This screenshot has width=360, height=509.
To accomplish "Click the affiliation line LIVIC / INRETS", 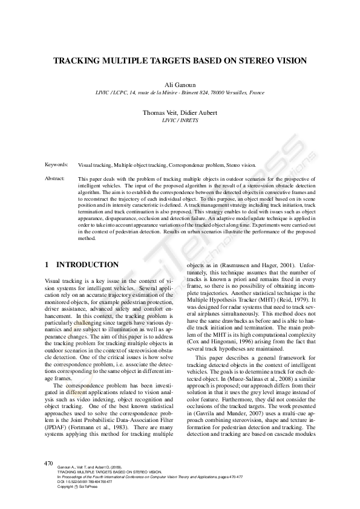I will click(x=180, y=120).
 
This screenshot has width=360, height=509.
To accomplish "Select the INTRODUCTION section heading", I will click(x=87, y=265).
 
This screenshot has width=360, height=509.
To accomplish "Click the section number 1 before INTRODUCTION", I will click(x=48, y=265).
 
